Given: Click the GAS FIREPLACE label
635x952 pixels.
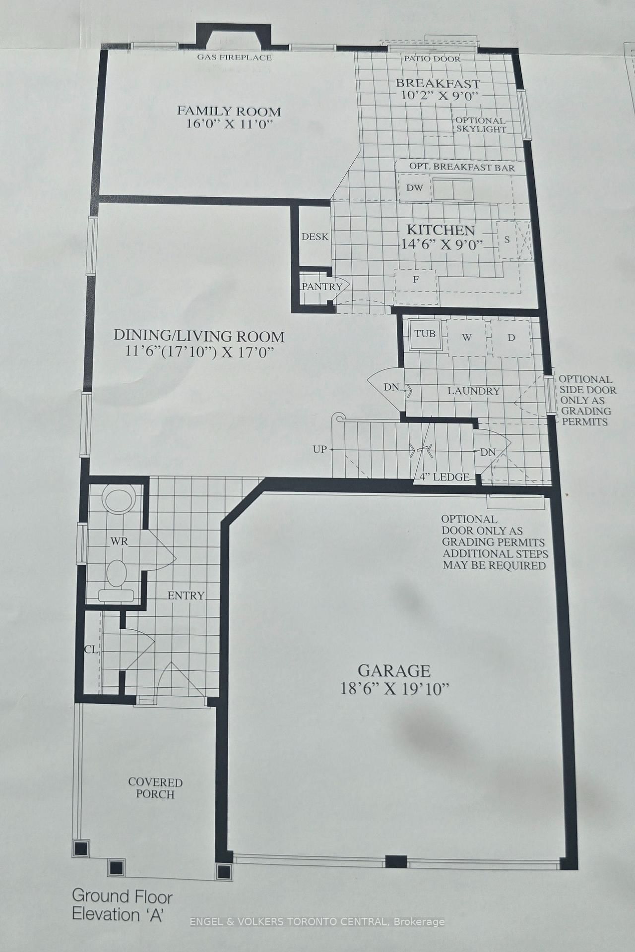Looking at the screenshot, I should pos(234,57).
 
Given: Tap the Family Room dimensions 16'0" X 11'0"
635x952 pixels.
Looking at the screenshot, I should pos(229,124).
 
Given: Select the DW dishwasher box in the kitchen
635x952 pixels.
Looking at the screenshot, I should pos(414,188).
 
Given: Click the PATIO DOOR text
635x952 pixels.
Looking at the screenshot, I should pos(432,59).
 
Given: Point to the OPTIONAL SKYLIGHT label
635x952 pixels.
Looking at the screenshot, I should pos(480,125).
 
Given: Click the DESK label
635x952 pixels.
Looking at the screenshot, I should pos(315,237).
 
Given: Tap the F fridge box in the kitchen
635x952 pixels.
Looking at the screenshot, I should pos(416,280).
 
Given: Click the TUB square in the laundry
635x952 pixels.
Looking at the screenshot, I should pos(425,334).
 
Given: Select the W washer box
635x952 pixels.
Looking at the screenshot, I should pos(466,338).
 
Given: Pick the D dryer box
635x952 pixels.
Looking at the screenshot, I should pos(511,338).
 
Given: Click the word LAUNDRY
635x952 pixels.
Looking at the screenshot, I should pos(473,391).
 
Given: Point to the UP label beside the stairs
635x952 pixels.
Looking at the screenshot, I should pos(319,449).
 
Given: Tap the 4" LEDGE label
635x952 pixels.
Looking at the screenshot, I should pos(444,477).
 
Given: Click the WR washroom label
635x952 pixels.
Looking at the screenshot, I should pos(119,541).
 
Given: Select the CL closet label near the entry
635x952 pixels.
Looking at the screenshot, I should pos(91,649).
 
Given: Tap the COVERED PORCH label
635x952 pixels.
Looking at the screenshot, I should pos(155,788).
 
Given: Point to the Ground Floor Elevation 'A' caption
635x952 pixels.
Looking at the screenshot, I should pos(122,905).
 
